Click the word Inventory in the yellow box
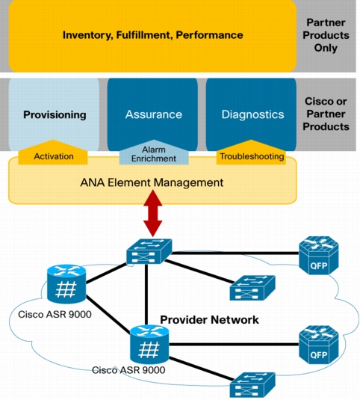88,35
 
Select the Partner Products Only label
326,35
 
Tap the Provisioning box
54,114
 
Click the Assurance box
152,114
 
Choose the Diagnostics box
251,114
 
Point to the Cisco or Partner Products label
326,114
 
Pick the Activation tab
53,153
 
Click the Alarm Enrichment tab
154,153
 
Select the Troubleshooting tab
251,153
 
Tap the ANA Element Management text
152,182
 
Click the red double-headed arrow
153,213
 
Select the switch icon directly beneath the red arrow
149,251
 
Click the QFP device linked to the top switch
319,256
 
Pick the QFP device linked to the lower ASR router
319,345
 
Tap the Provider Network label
209,320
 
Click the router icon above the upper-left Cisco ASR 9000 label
66,284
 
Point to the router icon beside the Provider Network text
149,345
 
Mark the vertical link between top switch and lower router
146,295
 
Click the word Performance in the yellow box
209,35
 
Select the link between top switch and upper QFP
235,253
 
